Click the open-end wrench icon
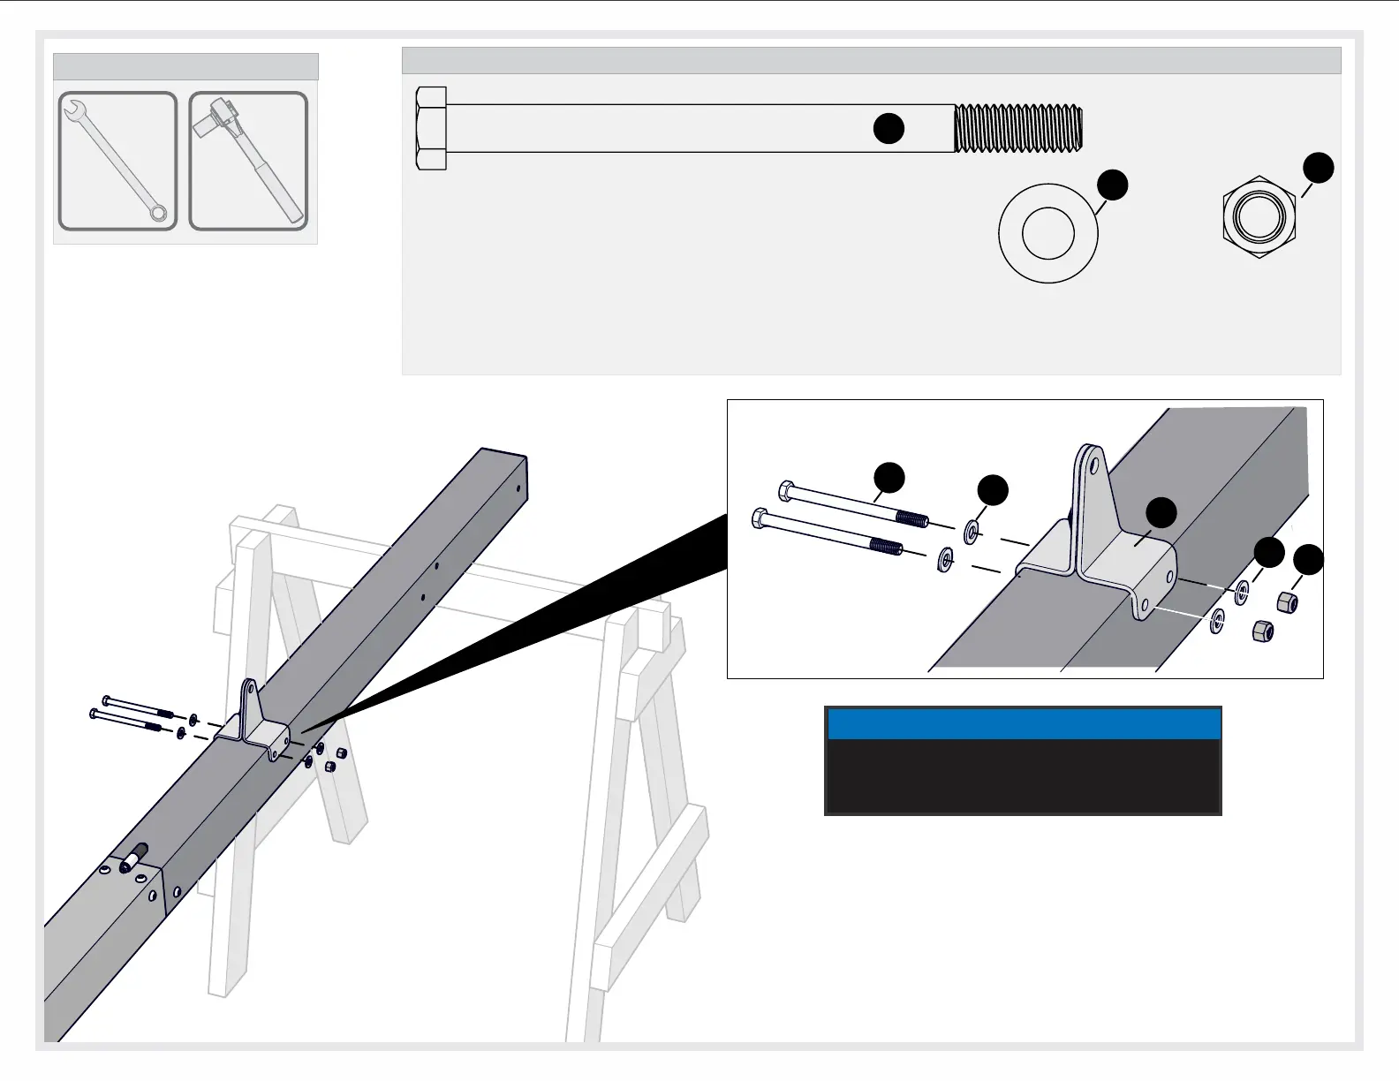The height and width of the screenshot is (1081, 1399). tap(117, 161)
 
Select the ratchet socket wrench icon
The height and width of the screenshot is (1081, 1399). tap(249, 161)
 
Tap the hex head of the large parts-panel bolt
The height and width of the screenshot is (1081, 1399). tap(431, 128)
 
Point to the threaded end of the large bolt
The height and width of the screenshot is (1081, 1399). tap(1018, 128)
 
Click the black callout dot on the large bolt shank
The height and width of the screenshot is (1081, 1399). tap(889, 128)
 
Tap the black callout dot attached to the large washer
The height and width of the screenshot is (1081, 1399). tap(1113, 185)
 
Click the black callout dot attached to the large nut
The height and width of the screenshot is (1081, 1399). tap(1319, 168)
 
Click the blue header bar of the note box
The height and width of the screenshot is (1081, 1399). tap(1024, 724)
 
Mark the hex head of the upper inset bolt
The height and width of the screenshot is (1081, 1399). tap(785, 490)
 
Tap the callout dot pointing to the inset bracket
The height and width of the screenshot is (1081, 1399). tap(1161, 512)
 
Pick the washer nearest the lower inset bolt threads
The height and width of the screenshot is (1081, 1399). tap(944, 559)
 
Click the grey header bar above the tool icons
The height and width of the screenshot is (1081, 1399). tap(185, 67)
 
